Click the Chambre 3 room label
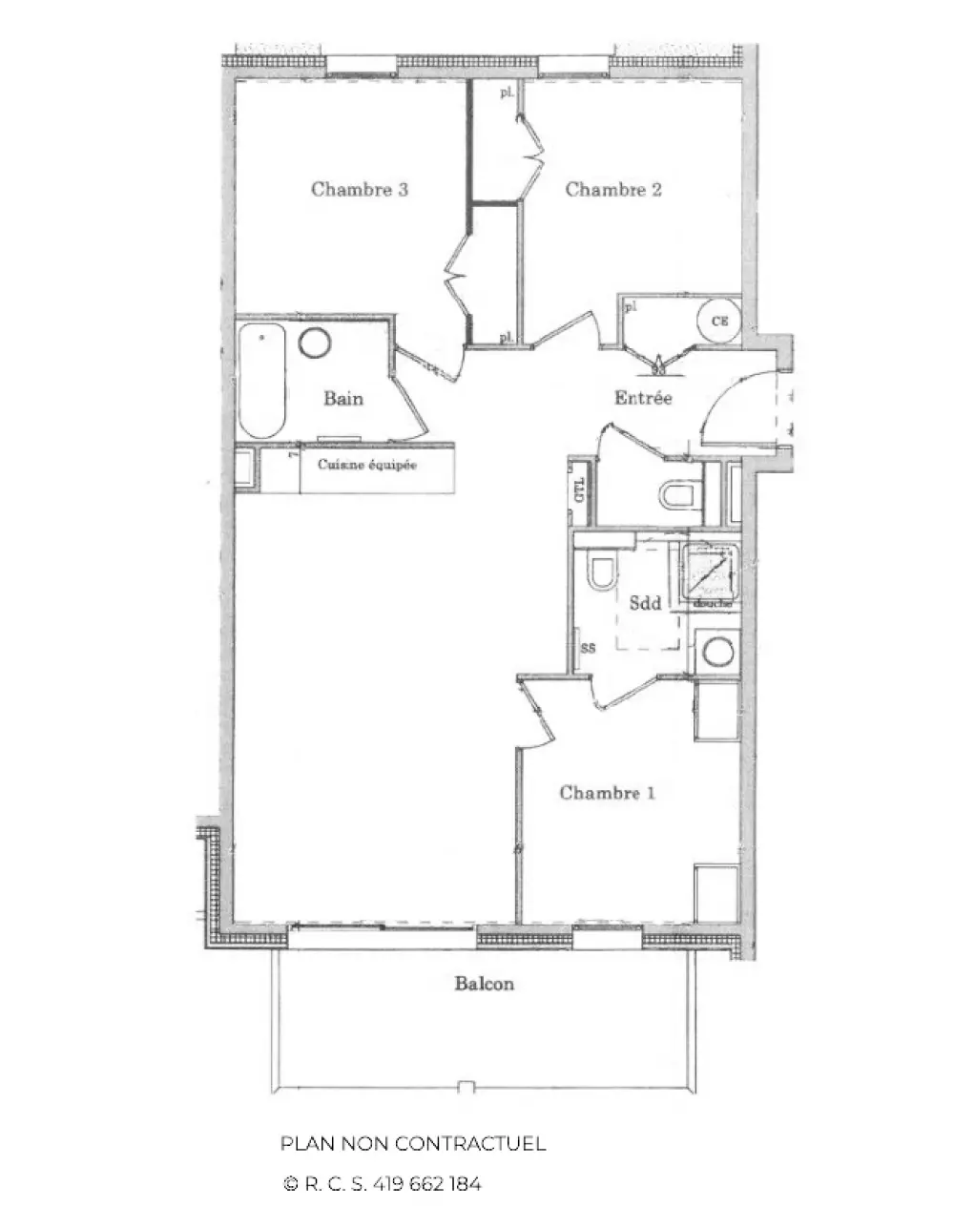(x=360, y=189)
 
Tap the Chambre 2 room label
(x=613, y=189)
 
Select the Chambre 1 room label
(x=607, y=792)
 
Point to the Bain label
(x=342, y=398)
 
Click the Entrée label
(x=643, y=398)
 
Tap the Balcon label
(x=484, y=984)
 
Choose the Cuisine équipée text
(x=367, y=466)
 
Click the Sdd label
(x=646, y=602)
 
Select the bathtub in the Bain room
(x=262, y=380)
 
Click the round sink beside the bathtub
(x=314, y=343)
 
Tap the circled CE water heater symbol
(x=718, y=322)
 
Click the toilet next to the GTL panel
(x=678, y=494)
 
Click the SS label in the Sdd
(x=588, y=647)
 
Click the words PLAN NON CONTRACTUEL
(x=413, y=1143)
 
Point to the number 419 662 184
(x=427, y=1184)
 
